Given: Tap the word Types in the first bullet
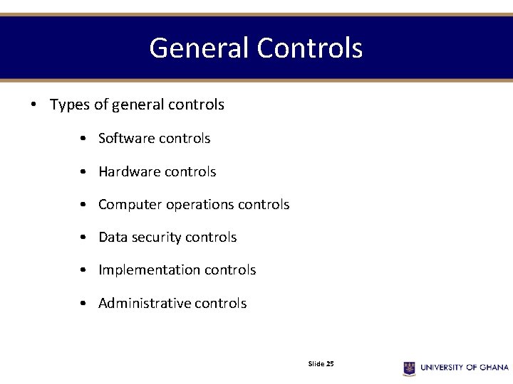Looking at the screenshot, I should tap(70, 105).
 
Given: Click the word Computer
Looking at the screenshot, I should tap(130, 205).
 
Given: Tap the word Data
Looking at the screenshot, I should tap(113, 237).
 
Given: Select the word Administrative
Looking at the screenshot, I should tap(144, 303).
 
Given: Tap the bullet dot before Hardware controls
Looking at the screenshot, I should tap(84, 172).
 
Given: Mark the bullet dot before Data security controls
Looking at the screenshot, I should tap(84, 238).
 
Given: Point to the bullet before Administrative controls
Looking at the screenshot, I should tap(84, 304).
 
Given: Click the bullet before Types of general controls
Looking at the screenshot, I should tap(34, 105).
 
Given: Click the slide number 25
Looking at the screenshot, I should tap(330, 363).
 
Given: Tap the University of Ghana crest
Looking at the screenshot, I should tap(409, 368).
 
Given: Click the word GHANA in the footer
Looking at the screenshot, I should tap(494, 368).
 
